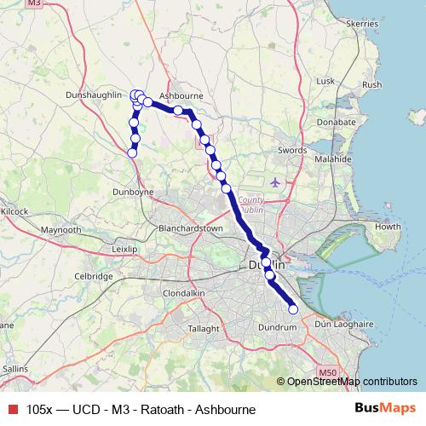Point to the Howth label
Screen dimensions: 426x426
point(388,227)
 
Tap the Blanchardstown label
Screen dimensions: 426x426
point(191,228)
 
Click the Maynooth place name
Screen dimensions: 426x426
point(60,230)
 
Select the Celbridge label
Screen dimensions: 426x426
point(94,276)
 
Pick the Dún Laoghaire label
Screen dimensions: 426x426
point(345,325)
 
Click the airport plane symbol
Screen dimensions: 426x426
point(274,181)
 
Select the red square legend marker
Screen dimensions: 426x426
point(12,410)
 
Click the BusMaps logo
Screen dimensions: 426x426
point(386,409)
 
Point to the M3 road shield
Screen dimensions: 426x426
point(57,4)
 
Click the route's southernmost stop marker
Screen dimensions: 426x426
point(293,309)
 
